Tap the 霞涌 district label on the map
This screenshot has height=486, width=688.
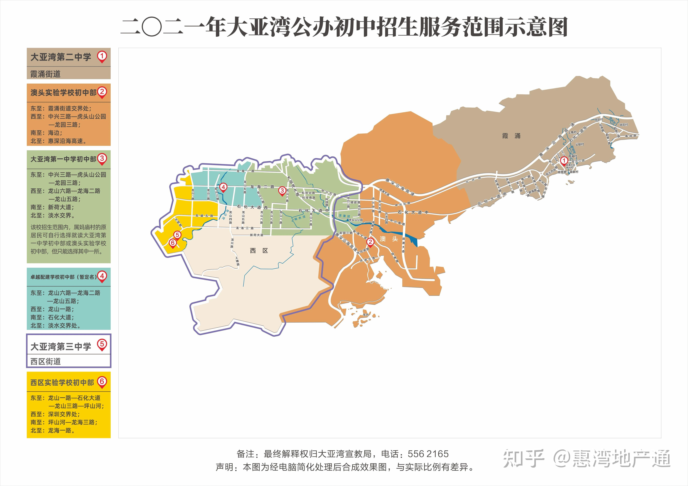tap(511, 136)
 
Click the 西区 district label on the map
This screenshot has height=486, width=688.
tap(259, 251)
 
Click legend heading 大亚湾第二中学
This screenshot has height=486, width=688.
tap(61, 57)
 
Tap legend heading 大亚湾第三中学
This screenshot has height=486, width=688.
tap(61, 347)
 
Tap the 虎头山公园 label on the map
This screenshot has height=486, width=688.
tap(356, 220)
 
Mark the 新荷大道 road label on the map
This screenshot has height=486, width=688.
tap(256, 235)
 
